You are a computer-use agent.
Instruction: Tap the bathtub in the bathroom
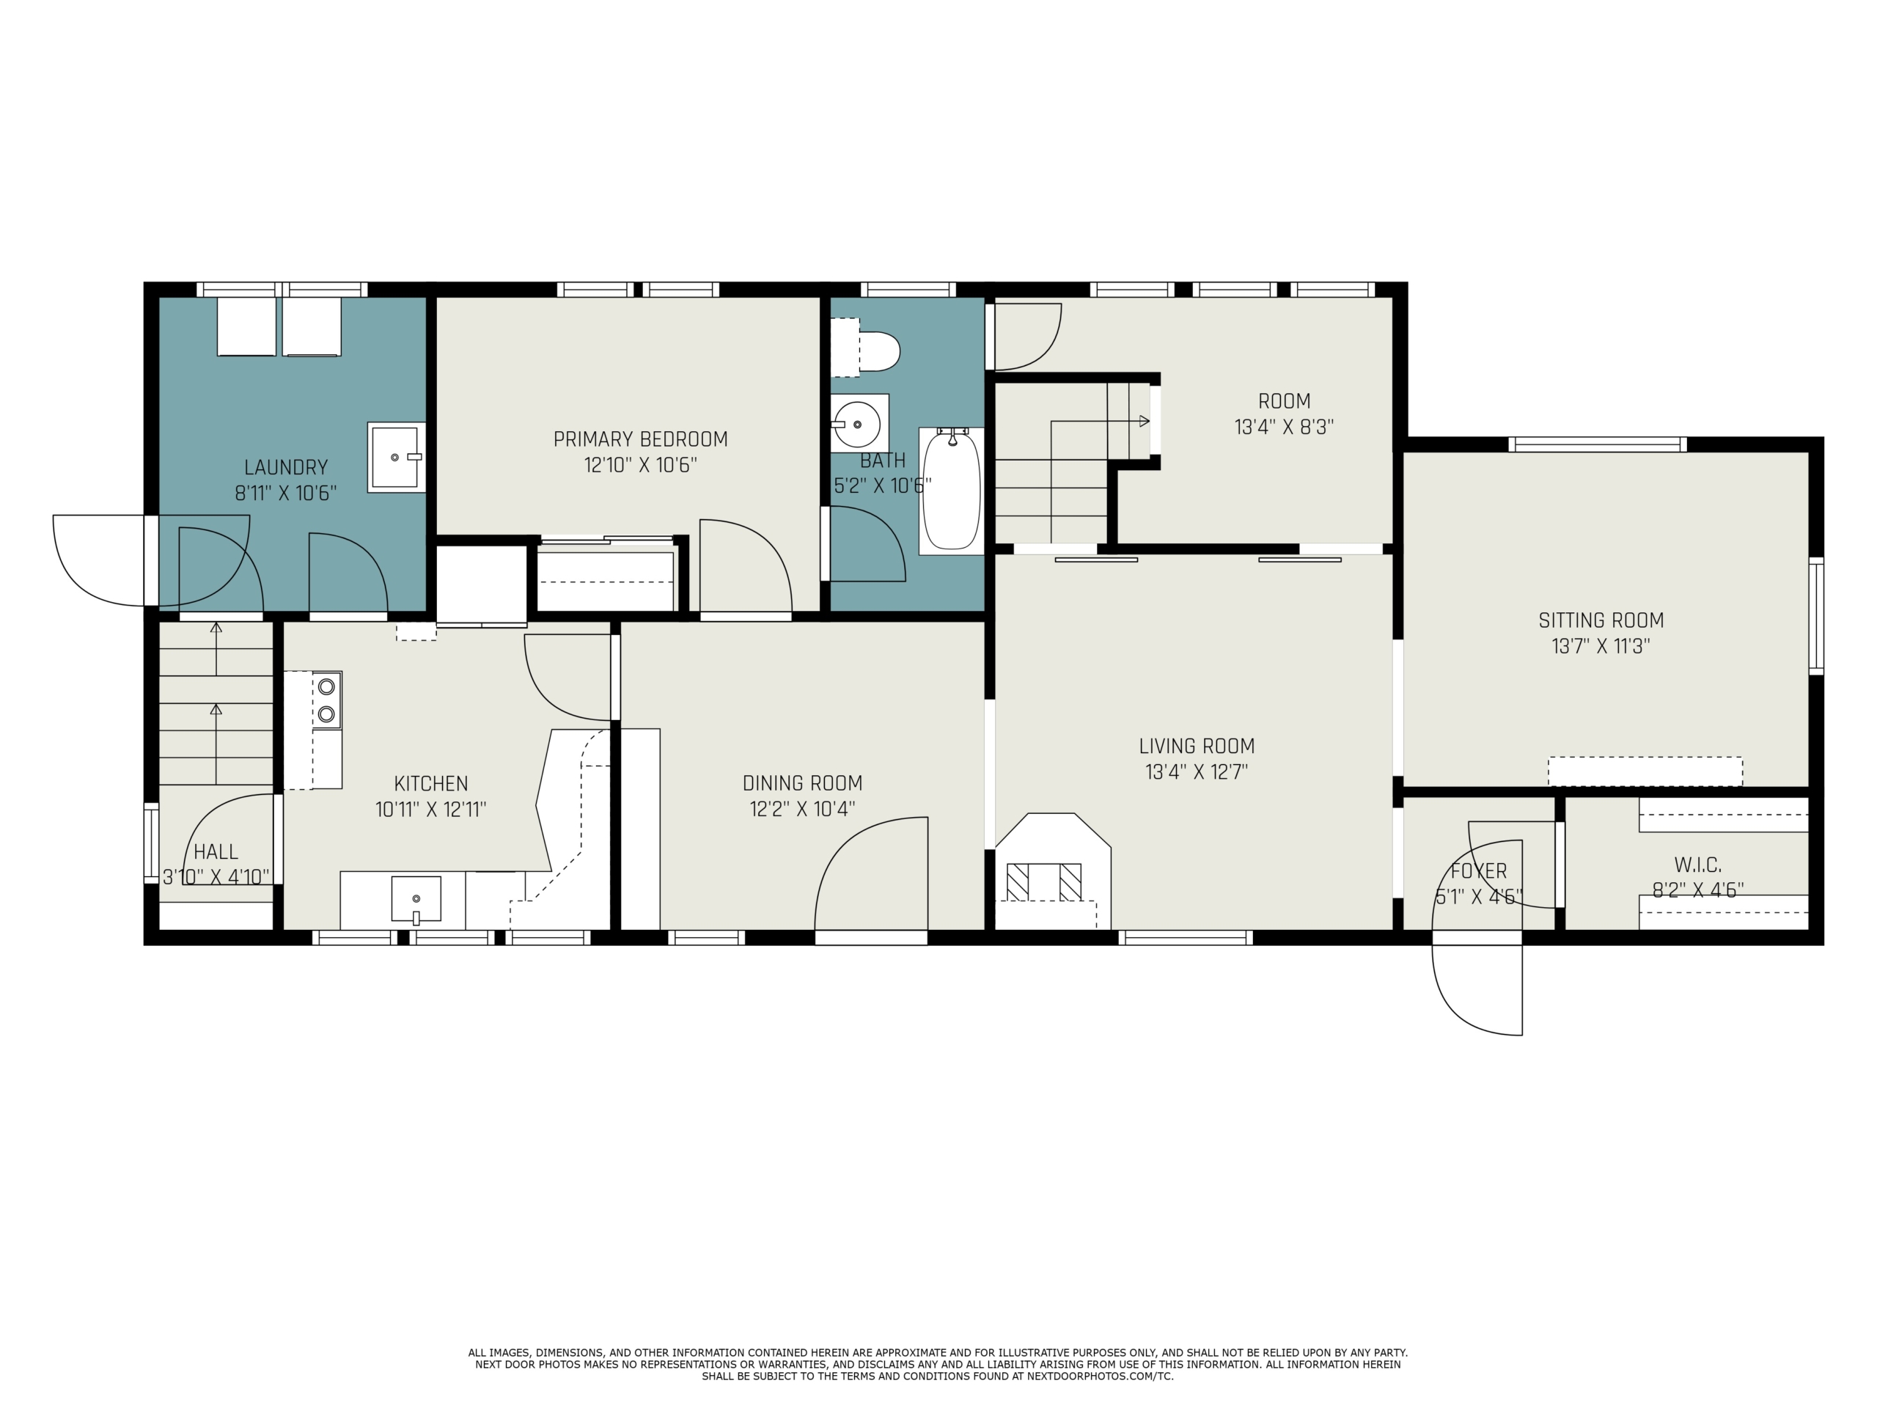click(x=951, y=491)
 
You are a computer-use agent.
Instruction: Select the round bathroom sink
click(x=859, y=422)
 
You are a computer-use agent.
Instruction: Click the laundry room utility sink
click(x=396, y=458)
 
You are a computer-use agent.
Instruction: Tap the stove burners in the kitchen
click(x=326, y=700)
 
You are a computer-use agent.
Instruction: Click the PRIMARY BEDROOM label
click(x=641, y=439)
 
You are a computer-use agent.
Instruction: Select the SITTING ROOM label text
click(x=1601, y=620)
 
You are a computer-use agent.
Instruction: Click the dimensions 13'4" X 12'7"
click(x=1197, y=772)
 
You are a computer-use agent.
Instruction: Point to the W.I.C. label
click(x=1698, y=865)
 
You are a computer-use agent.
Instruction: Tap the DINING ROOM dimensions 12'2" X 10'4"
click(x=802, y=809)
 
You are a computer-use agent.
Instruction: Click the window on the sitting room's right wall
click(x=1816, y=615)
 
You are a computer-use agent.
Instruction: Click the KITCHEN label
click(x=431, y=783)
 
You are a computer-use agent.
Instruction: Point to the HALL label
click(x=216, y=852)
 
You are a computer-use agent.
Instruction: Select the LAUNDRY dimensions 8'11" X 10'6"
click(x=286, y=493)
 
